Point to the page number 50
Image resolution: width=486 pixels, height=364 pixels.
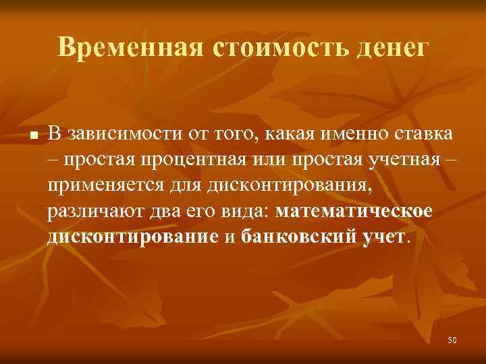point(452,341)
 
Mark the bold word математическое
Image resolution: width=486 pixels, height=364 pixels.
point(354,210)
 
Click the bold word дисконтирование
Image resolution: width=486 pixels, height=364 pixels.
point(133,236)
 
